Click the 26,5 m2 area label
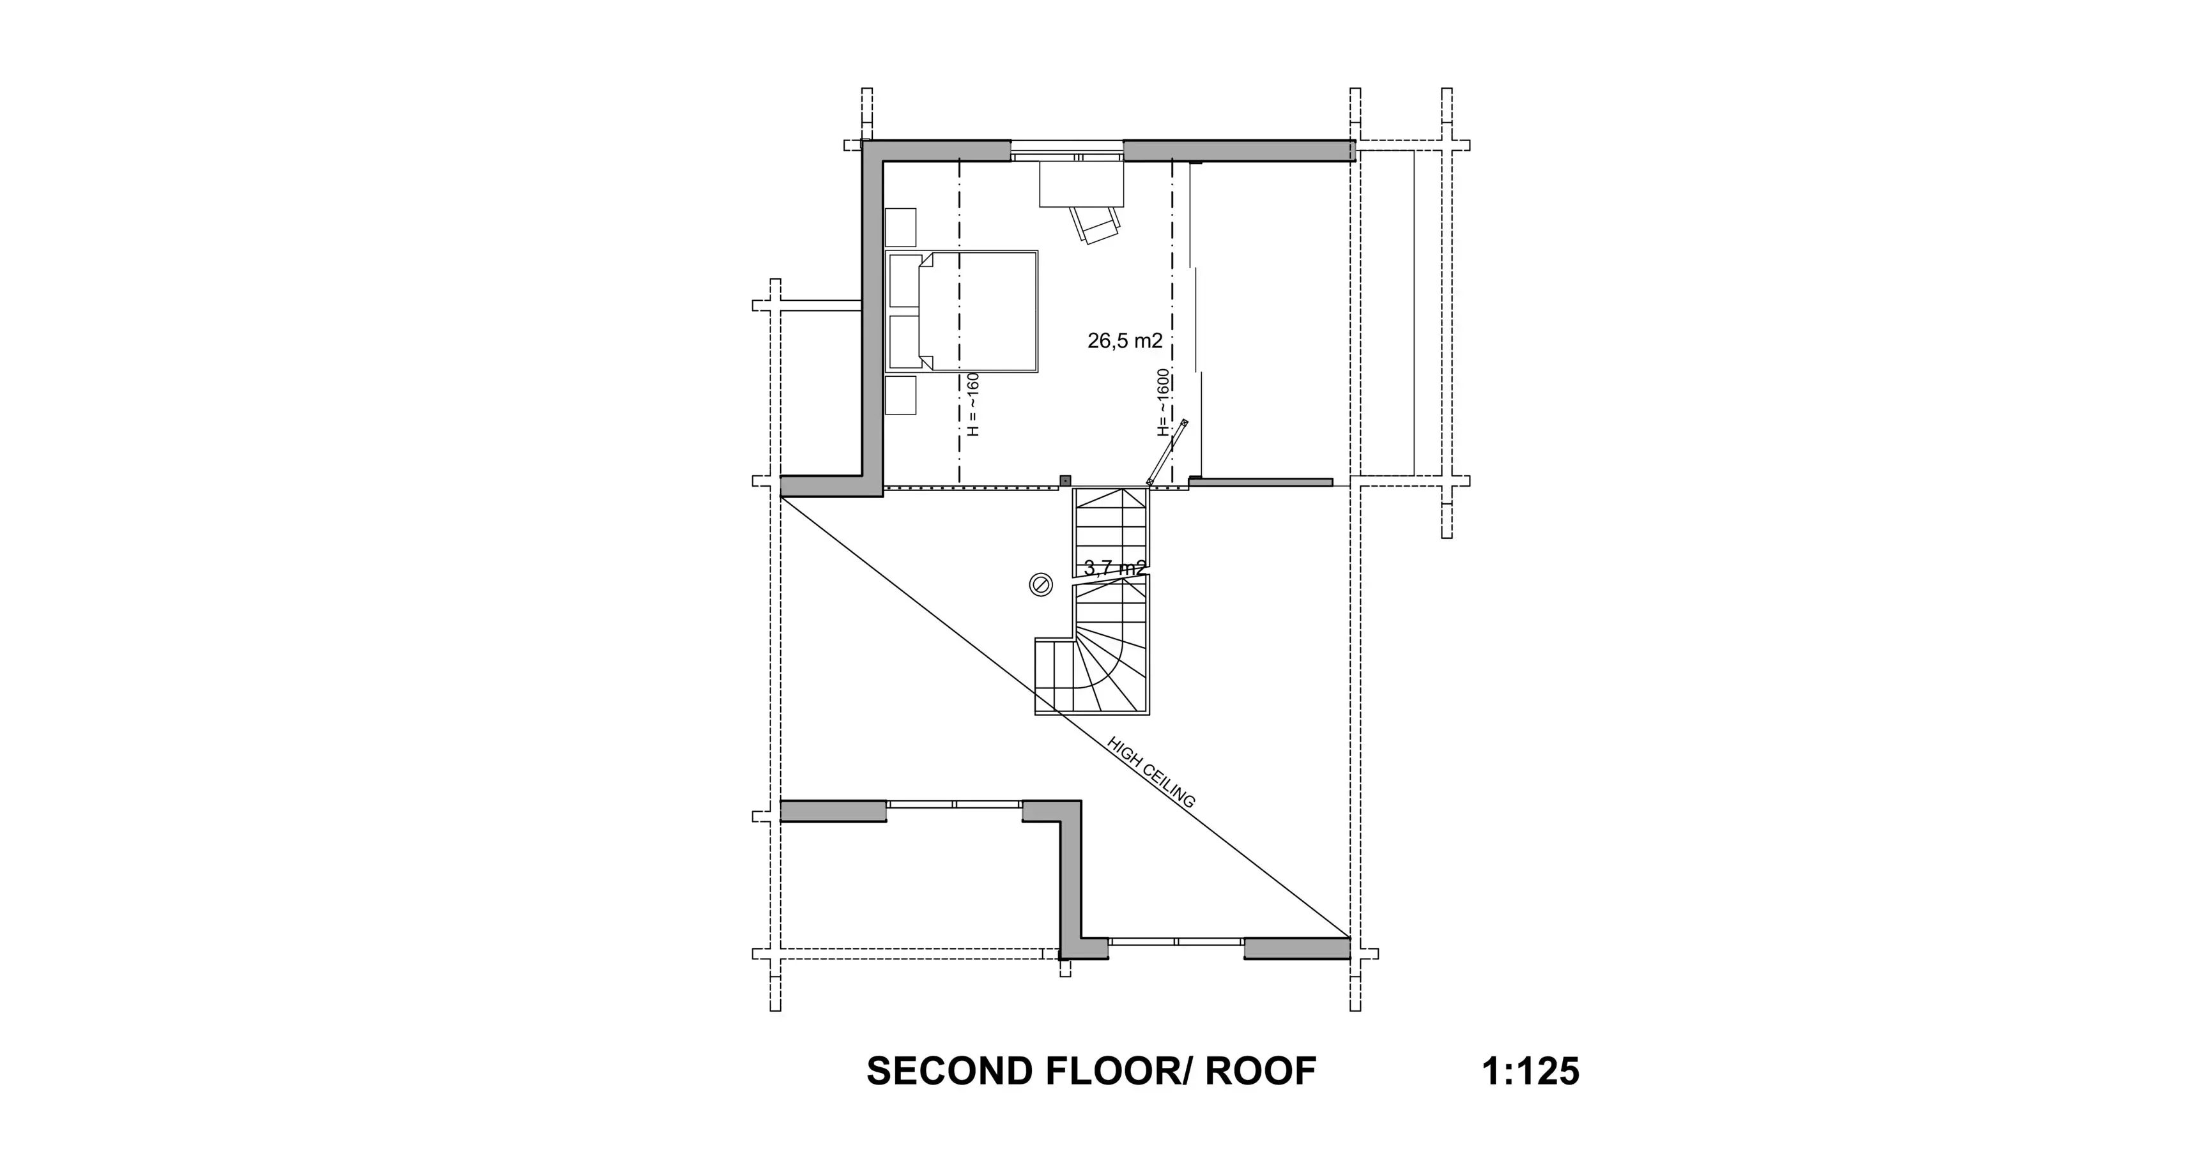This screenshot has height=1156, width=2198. pos(1125,341)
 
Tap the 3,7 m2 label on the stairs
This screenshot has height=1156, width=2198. pos(1114,567)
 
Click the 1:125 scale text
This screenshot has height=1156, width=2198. pos(1531,1072)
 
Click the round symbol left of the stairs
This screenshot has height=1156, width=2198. pos(1041,584)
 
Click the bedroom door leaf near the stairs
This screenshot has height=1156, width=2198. pos(1166,453)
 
